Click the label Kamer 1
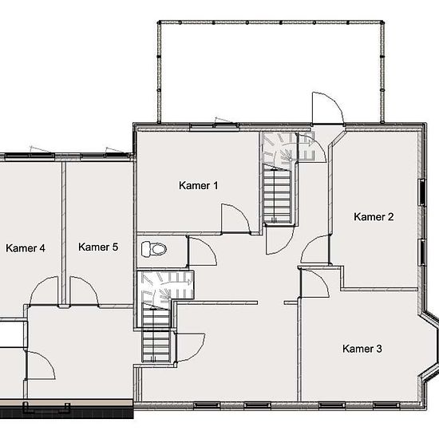198,185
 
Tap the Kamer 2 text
374,216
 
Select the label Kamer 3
362,349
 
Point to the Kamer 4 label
26,248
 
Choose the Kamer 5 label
98,247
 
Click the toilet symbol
154,248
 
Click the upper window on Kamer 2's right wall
421,192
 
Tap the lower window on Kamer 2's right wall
422,252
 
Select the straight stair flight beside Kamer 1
278,195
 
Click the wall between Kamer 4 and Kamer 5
64,233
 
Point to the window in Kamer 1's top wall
214,126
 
